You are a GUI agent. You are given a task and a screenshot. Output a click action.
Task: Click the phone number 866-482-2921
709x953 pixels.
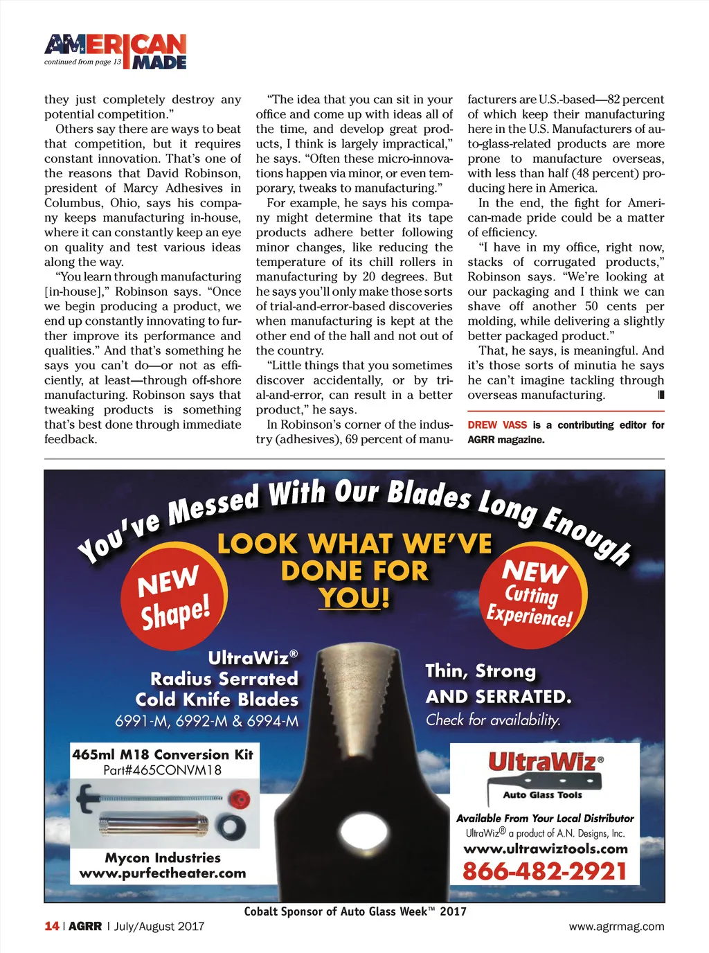coord(545,871)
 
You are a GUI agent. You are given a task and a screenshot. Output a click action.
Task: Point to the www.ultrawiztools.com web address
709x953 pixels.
coord(546,849)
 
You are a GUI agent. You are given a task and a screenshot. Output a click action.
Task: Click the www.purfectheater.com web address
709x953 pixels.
coord(163,873)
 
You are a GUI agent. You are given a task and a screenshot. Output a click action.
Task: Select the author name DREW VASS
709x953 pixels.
coord(497,425)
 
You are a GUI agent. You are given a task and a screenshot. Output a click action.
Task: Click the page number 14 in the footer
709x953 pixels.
coord(51,926)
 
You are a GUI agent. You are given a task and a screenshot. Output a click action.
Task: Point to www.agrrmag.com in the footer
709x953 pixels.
coord(616,927)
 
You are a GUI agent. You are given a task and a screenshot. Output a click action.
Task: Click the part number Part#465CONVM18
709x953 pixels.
coord(163,770)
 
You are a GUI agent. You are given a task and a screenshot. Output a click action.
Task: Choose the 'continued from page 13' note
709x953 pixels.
coord(82,62)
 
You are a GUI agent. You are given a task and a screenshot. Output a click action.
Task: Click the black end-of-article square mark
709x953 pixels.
coord(661,395)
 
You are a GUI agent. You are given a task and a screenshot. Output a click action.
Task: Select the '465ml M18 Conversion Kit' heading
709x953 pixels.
coord(163,754)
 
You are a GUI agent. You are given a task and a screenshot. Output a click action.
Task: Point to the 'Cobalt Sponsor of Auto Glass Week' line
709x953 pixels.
coord(355,911)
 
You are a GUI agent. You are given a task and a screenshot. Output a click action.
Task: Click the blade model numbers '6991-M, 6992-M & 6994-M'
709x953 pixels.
coord(207,721)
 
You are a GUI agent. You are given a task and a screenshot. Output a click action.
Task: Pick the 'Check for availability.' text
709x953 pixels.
coord(493,720)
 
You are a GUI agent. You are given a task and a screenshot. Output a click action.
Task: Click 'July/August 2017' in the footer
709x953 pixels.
coord(159,926)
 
